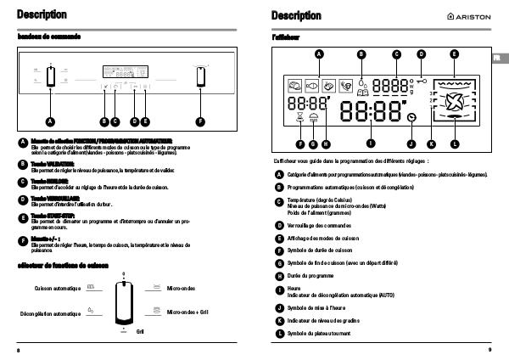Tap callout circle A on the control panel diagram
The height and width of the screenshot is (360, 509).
coord(49,121)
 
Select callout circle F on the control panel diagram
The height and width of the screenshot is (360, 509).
coord(201,121)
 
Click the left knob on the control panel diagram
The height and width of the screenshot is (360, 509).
coord(49,78)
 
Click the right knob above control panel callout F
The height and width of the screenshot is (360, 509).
coord(201,78)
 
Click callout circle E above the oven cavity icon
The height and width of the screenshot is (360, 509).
coord(454,53)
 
